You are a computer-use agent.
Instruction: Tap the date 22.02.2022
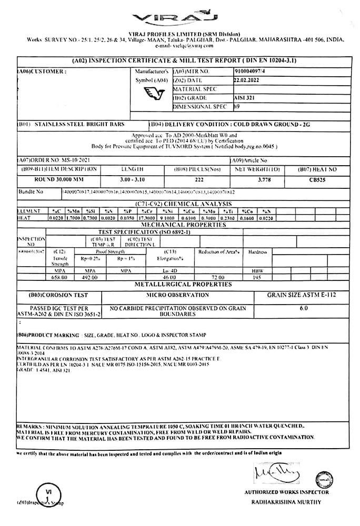click(247, 80)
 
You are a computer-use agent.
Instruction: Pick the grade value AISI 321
click(244, 98)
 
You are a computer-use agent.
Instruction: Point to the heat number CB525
click(317, 179)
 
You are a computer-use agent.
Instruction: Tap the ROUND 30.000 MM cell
click(52, 179)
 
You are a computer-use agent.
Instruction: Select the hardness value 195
click(257, 277)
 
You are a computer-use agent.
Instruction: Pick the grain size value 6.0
click(304, 308)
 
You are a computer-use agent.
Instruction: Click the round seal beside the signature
click(324, 480)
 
